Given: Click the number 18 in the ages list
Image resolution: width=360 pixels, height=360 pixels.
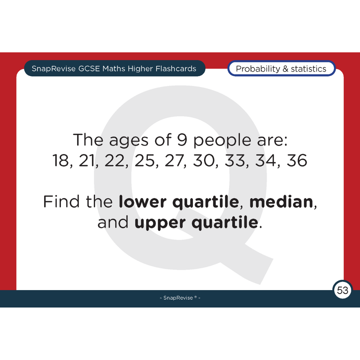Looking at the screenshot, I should pyautogui.click(x=61, y=160).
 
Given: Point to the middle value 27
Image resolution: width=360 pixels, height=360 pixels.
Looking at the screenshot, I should pyautogui.click(x=174, y=160).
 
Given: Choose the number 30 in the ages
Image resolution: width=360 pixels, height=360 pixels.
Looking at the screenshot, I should pyautogui.click(x=204, y=160).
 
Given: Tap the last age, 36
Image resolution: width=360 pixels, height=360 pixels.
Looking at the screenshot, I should pyautogui.click(x=297, y=160).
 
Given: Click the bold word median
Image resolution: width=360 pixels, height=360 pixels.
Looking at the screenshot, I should pyautogui.click(x=281, y=202).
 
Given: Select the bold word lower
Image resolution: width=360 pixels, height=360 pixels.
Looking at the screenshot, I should pyautogui.click(x=142, y=202).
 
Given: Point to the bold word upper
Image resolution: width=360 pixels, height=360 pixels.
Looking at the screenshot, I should pyautogui.click(x=160, y=223).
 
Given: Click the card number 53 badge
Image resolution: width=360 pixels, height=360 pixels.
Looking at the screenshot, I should pyautogui.click(x=343, y=290).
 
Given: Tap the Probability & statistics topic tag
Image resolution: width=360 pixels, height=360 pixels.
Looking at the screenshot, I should pyautogui.click(x=281, y=69).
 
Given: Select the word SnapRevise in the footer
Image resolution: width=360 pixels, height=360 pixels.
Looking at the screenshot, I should pyautogui.click(x=178, y=298).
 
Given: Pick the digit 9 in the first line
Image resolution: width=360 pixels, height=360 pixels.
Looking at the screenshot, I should pyautogui.click(x=182, y=140).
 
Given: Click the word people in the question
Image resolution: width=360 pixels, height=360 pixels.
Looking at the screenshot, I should pyautogui.click(x=222, y=140).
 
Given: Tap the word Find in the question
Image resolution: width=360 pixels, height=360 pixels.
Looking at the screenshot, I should pyautogui.click(x=62, y=202).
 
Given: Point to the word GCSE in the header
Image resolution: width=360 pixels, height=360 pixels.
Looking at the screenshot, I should pyautogui.click(x=89, y=69).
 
